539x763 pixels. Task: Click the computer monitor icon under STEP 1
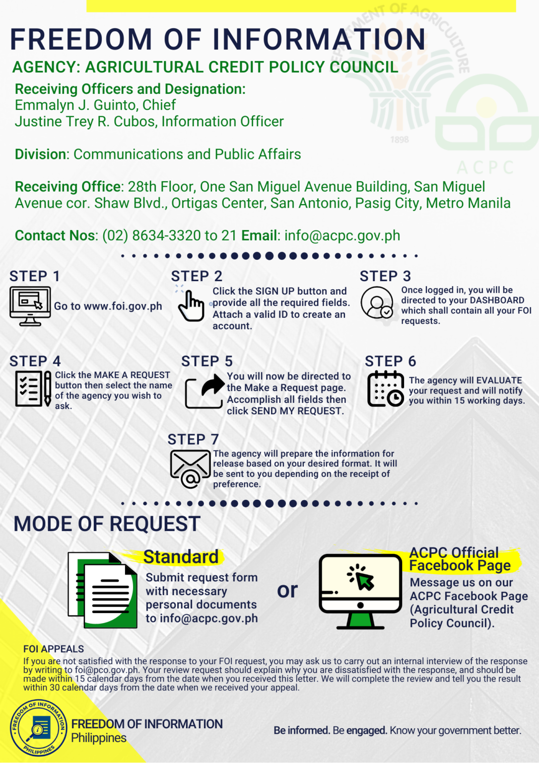(x=30, y=306)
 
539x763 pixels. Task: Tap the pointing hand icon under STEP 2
(x=191, y=305)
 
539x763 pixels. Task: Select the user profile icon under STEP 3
(x=377, y=303)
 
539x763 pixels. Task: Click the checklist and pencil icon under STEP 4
(x=33, y=388)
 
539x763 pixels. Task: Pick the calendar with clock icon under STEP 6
(x=386, y=388)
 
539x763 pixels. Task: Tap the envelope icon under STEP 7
(x=191, y=469)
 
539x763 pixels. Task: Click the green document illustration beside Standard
(x=102, y=590)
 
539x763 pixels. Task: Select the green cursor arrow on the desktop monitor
(x=364, y=580)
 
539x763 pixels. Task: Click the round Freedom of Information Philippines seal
(x=38, y=728)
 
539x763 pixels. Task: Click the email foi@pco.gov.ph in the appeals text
(x=107, y=670)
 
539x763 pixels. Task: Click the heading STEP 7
(x=193, y=440)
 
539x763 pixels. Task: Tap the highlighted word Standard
(x=181, y=557)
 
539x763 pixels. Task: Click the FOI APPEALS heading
(x=54, y=649)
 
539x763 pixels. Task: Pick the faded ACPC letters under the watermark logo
(x=485, y=167)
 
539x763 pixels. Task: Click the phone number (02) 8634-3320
(x=151, y=236)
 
